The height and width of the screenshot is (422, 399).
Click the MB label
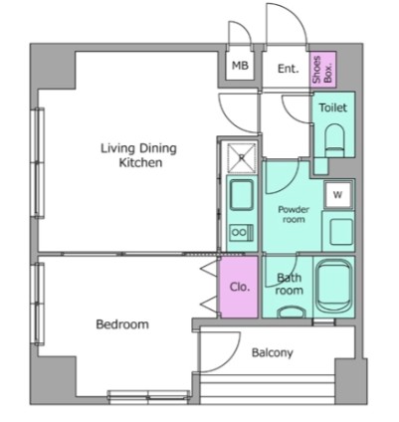[x=240, y=66]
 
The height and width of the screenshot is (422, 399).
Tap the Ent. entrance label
[x=288, y=69]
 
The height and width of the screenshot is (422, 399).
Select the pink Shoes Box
[x=322, y=70]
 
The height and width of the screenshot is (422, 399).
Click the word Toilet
[x=332, y=107]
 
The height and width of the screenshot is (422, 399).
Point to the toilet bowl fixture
[x=334, y=140]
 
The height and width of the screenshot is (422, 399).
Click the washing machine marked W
[x=337, y=195]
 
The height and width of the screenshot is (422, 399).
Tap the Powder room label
[x=294, y=214]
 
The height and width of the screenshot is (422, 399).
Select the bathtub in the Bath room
[x=333, y=287]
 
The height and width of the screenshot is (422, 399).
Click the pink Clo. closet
[x=239, y=287]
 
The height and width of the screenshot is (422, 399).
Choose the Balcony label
[x=273, y=352]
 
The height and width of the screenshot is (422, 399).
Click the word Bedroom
[x=122, y=324]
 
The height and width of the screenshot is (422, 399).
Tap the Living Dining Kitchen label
[x=138, y=155]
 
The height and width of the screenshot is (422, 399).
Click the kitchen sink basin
[x=242, y=195]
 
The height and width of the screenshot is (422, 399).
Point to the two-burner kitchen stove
[x=242, y=232]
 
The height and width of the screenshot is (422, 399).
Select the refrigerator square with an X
[x=243, y=158]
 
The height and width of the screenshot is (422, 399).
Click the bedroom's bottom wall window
[x=148, y=397]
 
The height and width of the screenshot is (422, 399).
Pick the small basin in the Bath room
[x=292, y=313]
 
